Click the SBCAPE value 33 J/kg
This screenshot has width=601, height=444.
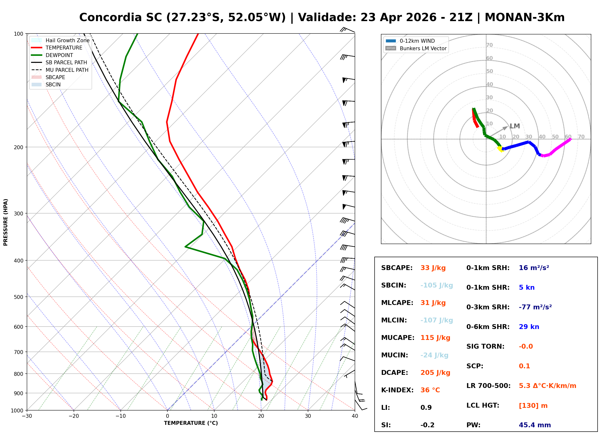click(x=433, y=268)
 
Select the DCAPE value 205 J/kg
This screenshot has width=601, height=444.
click(x=435, y=373)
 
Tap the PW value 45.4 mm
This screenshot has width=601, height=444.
click(x=534, y=425)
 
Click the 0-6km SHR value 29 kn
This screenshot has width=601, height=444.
click(x=529, y=327)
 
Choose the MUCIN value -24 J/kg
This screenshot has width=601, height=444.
click(x=434, y=355)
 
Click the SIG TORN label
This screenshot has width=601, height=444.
click(x=485, y=346)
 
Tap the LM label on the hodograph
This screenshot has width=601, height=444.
click(x=515, y=126)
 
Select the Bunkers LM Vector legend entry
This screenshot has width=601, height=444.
click(x=423, y=48)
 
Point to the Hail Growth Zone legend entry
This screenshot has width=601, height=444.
click(x=67, y=40)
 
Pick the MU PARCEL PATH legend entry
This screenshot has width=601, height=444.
click(x=67, y=70)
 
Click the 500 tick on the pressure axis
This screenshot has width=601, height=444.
click(x=18, y=297)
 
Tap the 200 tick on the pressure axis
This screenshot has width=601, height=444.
click(x=18, y=147)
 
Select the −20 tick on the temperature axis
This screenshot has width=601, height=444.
click(x=73, y=416)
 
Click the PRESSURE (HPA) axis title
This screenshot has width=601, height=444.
click(x=6, y=222)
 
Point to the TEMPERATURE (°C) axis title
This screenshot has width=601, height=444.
click(x=191, y=423)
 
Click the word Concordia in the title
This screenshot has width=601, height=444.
click(x=110, y=17)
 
